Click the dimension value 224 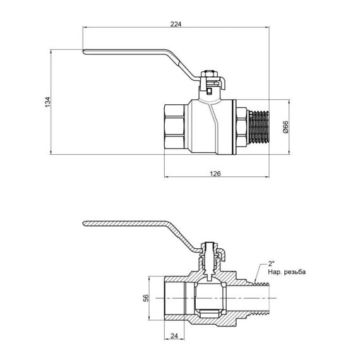point(176,24)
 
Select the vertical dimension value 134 point(47,102)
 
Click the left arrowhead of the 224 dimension point(86,28)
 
